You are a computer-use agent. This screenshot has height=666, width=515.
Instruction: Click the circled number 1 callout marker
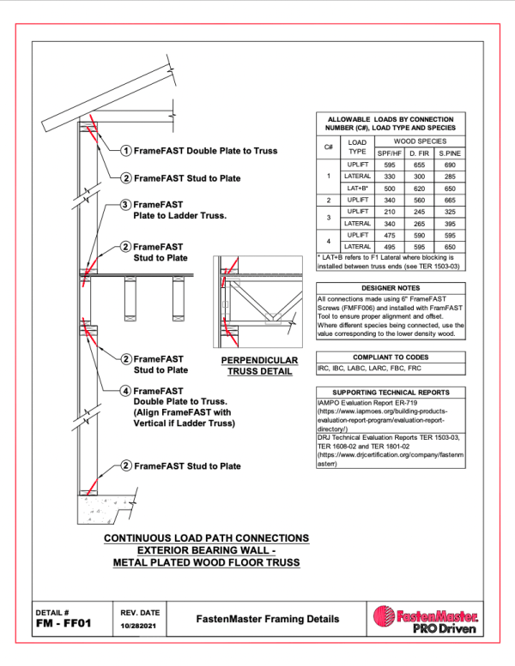[126, 150]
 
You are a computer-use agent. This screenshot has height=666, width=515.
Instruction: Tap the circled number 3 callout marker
[125, 205]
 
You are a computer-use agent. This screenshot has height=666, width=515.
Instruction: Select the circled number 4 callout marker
[125, 391]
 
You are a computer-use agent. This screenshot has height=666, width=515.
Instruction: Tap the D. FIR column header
[415, 152]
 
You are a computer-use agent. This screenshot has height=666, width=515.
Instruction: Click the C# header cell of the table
[328, 146]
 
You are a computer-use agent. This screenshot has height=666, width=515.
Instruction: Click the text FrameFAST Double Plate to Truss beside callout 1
[205, 151]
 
